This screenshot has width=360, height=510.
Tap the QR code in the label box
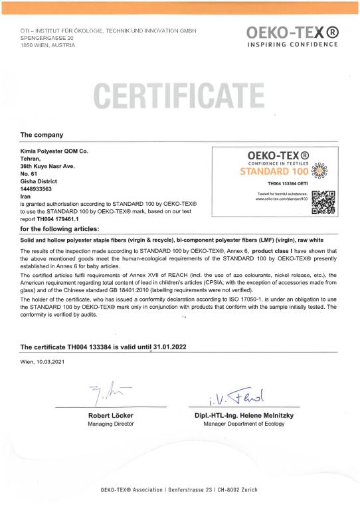pyautogui.click(x=323, y=202)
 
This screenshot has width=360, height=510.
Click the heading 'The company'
pyautogui.click(x=42, y=134)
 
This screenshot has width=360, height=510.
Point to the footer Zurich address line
pyautogui.click(x=179, y=489)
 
